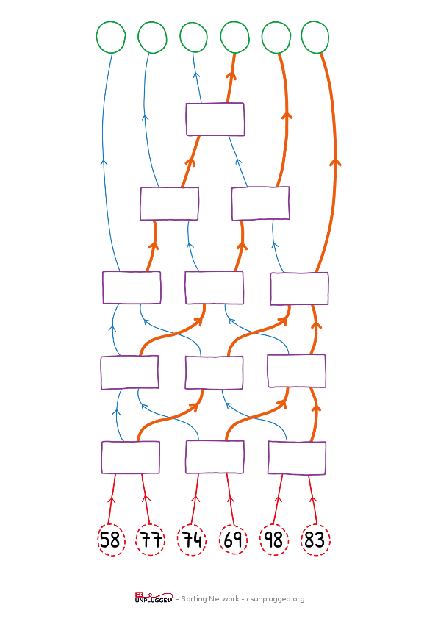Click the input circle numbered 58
[x=111, y=540]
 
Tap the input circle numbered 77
[x=151, y=540]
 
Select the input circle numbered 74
[x=192, y=540]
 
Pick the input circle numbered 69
[x=233, y=540]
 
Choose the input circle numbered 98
[x=274, y=540]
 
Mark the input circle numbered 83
[x=316, y=540]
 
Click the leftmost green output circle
[x=111, y=37]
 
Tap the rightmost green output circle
[x=315, y=37]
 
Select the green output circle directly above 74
[x=193, y=37]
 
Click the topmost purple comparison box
[x=215, y=119]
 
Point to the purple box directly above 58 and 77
[x=131, y=457]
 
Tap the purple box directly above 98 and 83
[x=297, y=458]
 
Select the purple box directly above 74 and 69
[x=215, y=457]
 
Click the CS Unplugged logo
[x=154, y=598]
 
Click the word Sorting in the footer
[x=195, y=599]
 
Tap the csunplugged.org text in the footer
[x=276, y=599]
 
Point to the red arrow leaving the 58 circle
[x=112, y=499]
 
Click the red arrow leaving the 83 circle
[x=312, y=499]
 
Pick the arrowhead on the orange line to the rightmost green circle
[x=335, y=162]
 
